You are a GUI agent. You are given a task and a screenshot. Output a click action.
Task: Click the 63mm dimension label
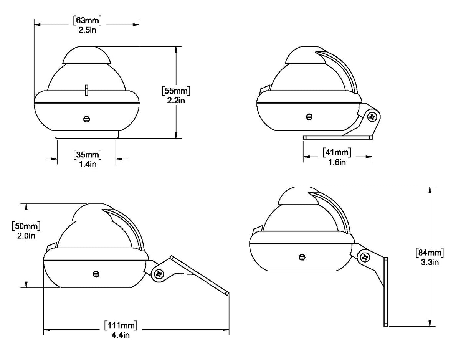(87, 20)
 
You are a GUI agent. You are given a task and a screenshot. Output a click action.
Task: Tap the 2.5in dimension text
(87, 30)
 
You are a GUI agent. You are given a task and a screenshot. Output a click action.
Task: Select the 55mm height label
(176, 91)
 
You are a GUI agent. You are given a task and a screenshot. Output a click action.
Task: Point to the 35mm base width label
(88, 155)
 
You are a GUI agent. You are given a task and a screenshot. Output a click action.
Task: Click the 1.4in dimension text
(88, 164)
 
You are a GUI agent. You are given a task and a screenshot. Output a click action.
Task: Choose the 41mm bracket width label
(337, 152)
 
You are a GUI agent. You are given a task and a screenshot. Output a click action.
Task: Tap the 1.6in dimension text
(337, 162)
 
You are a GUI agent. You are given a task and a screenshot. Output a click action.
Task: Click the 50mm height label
(26, 226)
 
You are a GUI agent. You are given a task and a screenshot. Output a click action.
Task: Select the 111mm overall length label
(121, 325)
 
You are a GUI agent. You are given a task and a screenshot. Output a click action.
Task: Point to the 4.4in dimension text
(121, 335)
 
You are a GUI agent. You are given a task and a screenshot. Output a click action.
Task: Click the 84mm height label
(430, 253)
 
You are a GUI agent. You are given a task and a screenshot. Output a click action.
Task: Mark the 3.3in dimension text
(430, 263)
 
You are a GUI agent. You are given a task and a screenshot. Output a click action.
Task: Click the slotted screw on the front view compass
(87, 119)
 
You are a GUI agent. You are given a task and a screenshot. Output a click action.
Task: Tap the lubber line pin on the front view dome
(87, 90)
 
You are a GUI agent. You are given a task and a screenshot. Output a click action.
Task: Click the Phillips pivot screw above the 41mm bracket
(372, 117)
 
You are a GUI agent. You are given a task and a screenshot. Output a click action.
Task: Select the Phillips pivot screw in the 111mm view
(159, 274)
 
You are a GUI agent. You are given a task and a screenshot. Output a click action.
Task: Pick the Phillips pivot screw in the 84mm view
(365, 257)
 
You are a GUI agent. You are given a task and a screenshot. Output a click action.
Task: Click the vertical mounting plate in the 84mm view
(385, 292)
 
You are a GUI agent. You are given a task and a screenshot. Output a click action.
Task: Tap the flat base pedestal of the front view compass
(87, 134)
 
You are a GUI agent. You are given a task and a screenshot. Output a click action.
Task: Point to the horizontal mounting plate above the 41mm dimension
(337, 138)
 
